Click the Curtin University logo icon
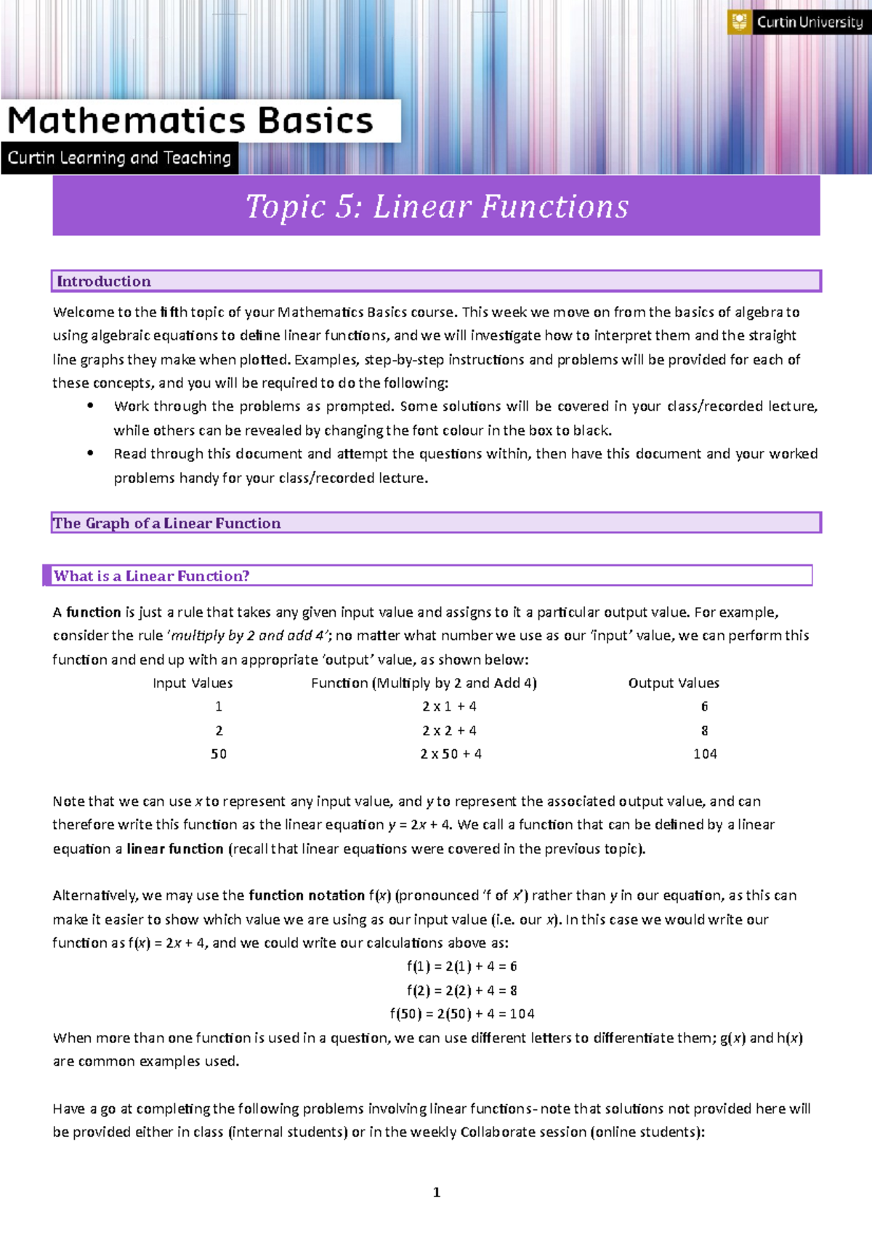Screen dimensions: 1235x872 [x=740, y=22]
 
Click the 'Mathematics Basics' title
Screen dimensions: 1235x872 [x=190, y=121]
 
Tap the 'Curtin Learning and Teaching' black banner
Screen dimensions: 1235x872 [x=119, y=158]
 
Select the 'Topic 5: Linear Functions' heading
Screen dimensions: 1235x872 [x=437, y=207]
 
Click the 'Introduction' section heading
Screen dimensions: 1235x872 [x=104, y=281]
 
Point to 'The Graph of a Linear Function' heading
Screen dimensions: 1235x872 [x=166, y=523]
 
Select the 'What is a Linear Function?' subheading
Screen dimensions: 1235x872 [x=152, y=576]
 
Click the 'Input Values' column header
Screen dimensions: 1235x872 [x=193, y=683]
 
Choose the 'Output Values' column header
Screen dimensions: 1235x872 [x=674, y=683]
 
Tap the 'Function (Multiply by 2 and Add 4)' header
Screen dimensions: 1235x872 [x=424, y=683]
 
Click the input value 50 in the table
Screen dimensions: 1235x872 [x=219, y=754]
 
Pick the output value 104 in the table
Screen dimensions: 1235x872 [x=705, y=754]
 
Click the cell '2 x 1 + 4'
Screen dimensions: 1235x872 [x=449, y=706]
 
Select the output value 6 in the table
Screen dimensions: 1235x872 [x=704, y=706]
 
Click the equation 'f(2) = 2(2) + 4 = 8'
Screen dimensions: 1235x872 [x=461, y=991]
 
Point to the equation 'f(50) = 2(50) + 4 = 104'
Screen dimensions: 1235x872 [x=461, y=1014]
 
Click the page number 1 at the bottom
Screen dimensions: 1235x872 [x=436, y=1192]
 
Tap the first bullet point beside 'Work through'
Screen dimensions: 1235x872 [x=90, y=406]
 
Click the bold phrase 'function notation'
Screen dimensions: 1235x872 [x=307, y=895]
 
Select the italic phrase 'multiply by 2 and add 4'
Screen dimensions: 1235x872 [x=250, y=636]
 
